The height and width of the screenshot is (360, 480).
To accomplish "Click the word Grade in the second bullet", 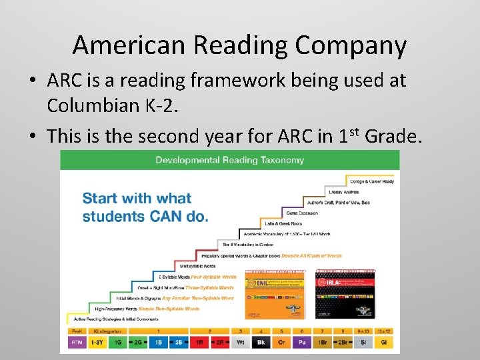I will (x=393, y=136).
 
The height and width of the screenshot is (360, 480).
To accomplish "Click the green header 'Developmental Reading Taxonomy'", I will (x=229, y=160).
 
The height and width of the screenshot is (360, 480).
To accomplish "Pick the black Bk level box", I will (x=261, y=342).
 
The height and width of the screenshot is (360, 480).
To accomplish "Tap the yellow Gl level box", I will (x=384, y=342).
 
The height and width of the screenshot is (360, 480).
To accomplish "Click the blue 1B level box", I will (x=157, y=342).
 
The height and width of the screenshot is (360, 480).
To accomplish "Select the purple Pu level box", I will (x=301, y=342).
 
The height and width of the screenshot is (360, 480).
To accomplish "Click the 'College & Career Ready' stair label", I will (x=371, y=181).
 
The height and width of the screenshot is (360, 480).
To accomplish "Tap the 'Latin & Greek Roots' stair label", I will (x=283, y=224).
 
